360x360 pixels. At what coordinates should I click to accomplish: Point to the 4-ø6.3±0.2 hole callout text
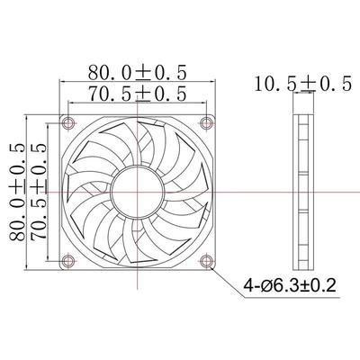287,289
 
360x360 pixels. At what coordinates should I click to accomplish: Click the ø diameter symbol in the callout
261,289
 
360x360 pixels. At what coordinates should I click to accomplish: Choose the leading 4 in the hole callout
245,289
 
